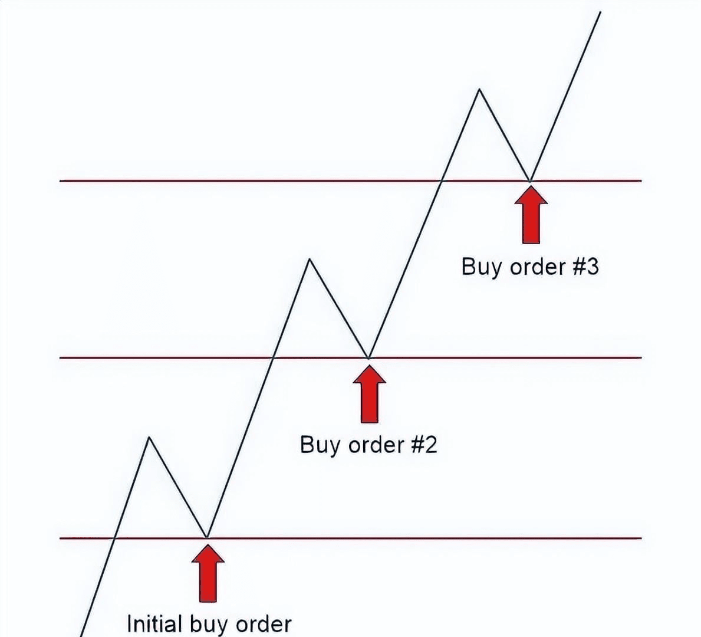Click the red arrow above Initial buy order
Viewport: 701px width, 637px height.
pos(208,573)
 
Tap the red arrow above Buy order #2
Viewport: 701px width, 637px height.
pos(369,394)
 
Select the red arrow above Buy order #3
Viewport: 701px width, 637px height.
pos(531,215)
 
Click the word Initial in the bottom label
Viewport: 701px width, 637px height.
pos(154,624)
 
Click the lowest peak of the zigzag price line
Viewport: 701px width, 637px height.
pos(149,438)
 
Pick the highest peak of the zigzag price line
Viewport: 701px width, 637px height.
pos(479,90)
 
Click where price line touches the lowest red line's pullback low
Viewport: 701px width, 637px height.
pos(207,537)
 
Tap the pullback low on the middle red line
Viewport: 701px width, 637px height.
pos(368,357)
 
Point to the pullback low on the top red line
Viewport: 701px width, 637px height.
pos(530,180)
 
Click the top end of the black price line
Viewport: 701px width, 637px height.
pos(600,12)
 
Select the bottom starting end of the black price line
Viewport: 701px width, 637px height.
pos(81,635)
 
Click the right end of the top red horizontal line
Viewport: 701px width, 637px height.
pos(640,180)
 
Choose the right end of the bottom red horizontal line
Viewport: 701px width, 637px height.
pos(640,538)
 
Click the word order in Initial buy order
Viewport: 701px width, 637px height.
pos(264,624)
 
